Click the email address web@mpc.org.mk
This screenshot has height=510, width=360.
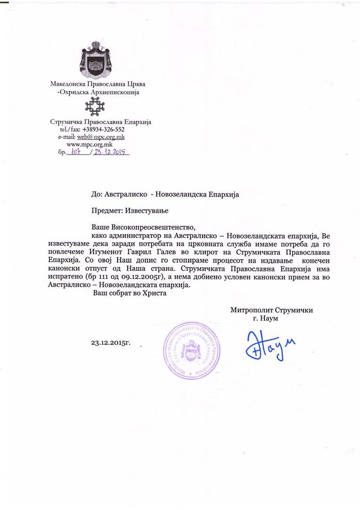[x=101, y=137]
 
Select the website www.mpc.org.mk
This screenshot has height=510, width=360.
[x=89, y=144]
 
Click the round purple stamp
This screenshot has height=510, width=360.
[x=191, y=351]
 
